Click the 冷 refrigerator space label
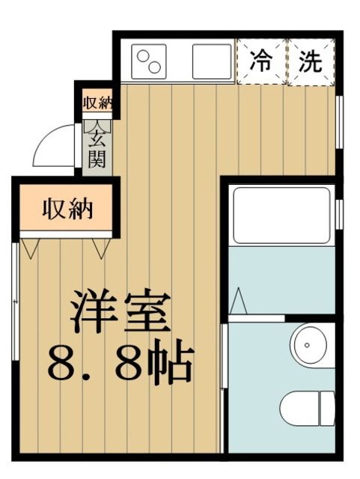coord(262,61)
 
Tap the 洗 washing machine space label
coord(310,61)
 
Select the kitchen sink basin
coord(211,61)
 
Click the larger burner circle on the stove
coord(144,55)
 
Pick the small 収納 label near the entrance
coord(97,103)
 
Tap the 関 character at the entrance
coord(97,158)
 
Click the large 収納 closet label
coord(67,209)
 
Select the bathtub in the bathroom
coord(281,214)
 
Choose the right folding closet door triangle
coord(100,248)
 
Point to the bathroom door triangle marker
coord(237,302)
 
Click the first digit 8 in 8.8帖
coord(65,364)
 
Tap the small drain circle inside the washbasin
coord(307,346)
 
